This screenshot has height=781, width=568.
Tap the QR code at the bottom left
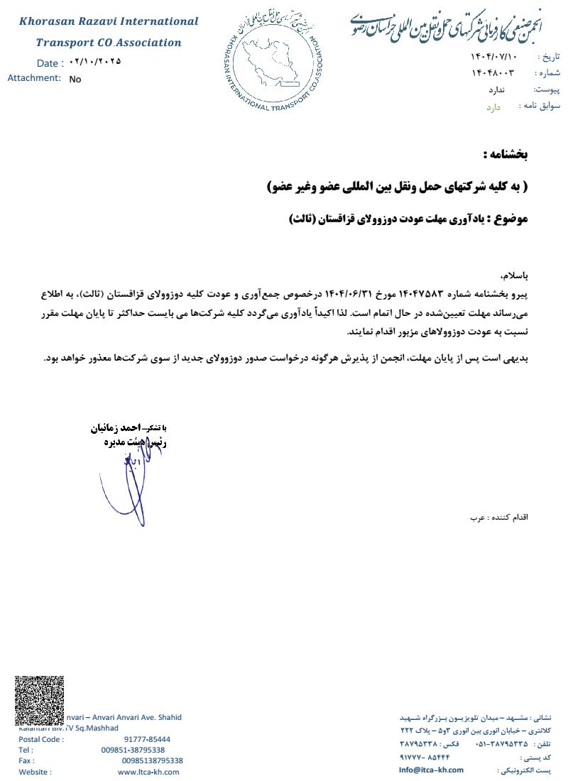(40, 701)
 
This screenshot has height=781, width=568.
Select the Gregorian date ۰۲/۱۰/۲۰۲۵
(95, 62)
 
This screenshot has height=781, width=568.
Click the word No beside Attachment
(75, 80)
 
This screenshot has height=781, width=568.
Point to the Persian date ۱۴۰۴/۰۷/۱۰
(494, 56)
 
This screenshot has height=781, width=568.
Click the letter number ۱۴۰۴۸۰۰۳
(492, 73)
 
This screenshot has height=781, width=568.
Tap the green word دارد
(493, 107)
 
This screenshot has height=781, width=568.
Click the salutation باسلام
(515, 274)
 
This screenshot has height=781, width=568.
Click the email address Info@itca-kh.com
(431, 770)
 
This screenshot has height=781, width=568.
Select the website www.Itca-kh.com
(148, 772)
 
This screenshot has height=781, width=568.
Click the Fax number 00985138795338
(152, 760)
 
